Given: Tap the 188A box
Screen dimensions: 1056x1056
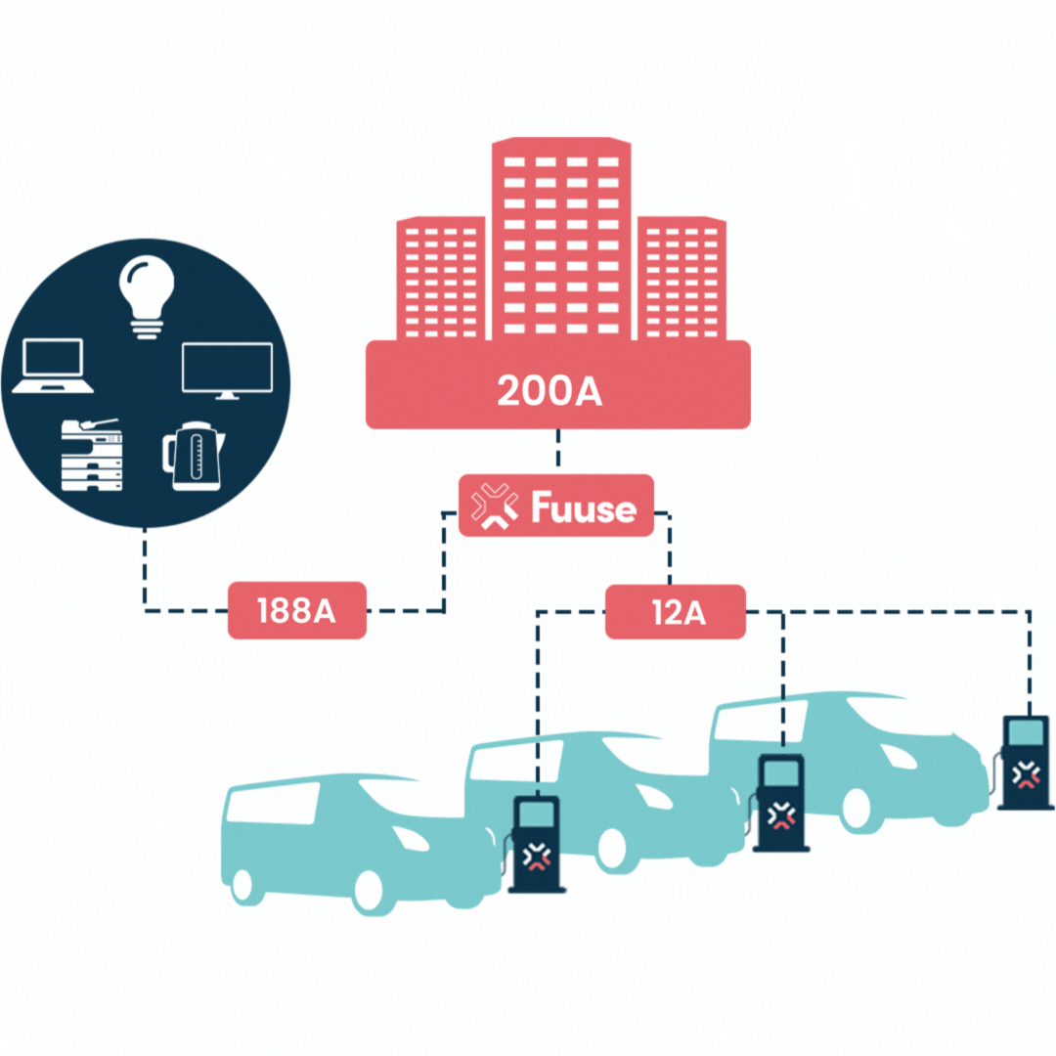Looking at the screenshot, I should pyautogui.click(x=296, y=611).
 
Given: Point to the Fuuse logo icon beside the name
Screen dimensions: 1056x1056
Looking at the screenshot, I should pyautogui.click(x=495, y=506).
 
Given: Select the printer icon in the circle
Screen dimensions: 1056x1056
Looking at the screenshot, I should pyautogui.click(x=92, y=455).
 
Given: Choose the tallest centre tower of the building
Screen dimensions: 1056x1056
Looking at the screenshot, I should pyautogui.click(x=561, y=240).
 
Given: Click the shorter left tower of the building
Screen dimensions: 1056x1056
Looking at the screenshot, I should pyautogui.click(x=440, y=279).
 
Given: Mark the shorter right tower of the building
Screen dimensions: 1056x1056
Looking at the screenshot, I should pyautogui.click(x=682, y=279).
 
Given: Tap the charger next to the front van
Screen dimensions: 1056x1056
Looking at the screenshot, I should pyautogui.click(x=536, y=844).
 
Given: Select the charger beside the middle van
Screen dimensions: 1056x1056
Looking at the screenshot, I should pyautogui.click(x=780, y=803).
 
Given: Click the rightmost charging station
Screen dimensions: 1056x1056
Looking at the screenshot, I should pyautogui.click(x=1024, y=762).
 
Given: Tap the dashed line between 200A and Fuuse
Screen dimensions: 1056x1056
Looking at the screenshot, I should pyautogui.click(x=558, y=452).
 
